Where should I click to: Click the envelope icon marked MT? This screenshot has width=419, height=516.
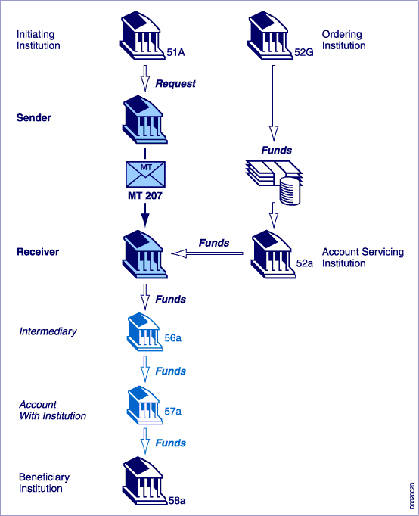tap(145, 174)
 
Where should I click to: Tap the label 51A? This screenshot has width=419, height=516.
tap(175, 52)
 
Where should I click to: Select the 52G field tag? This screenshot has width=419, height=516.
tap(303, 52)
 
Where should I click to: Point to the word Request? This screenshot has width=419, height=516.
tap(175, 83)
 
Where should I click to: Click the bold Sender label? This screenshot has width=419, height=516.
tap(33, 117)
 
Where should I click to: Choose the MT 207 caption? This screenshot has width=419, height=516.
tap(145, 196)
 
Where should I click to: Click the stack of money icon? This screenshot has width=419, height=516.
tap(274, 182)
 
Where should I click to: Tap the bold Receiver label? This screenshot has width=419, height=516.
tap(38, 252)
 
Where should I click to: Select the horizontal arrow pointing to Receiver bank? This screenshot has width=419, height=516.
tap(207, 253)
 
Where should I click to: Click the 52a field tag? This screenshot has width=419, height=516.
tap(305, 263)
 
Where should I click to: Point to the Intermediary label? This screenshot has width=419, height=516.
tap(48, 331)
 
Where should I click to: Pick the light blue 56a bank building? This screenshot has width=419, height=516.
tap(144, 331)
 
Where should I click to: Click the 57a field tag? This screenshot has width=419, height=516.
tap(173, 412)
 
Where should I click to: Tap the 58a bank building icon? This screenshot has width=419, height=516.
tap(144, 480)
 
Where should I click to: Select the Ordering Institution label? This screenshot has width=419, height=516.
tap(343, 40)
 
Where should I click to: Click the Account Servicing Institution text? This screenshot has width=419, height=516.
tap(363, 257)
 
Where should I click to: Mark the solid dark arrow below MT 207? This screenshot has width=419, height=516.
tap(145, 215)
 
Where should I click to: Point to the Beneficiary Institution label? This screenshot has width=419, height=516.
tap(44, 483)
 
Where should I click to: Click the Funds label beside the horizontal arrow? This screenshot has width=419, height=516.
tap(214, 243)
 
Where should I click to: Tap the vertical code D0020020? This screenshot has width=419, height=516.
tap(412, 496)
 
